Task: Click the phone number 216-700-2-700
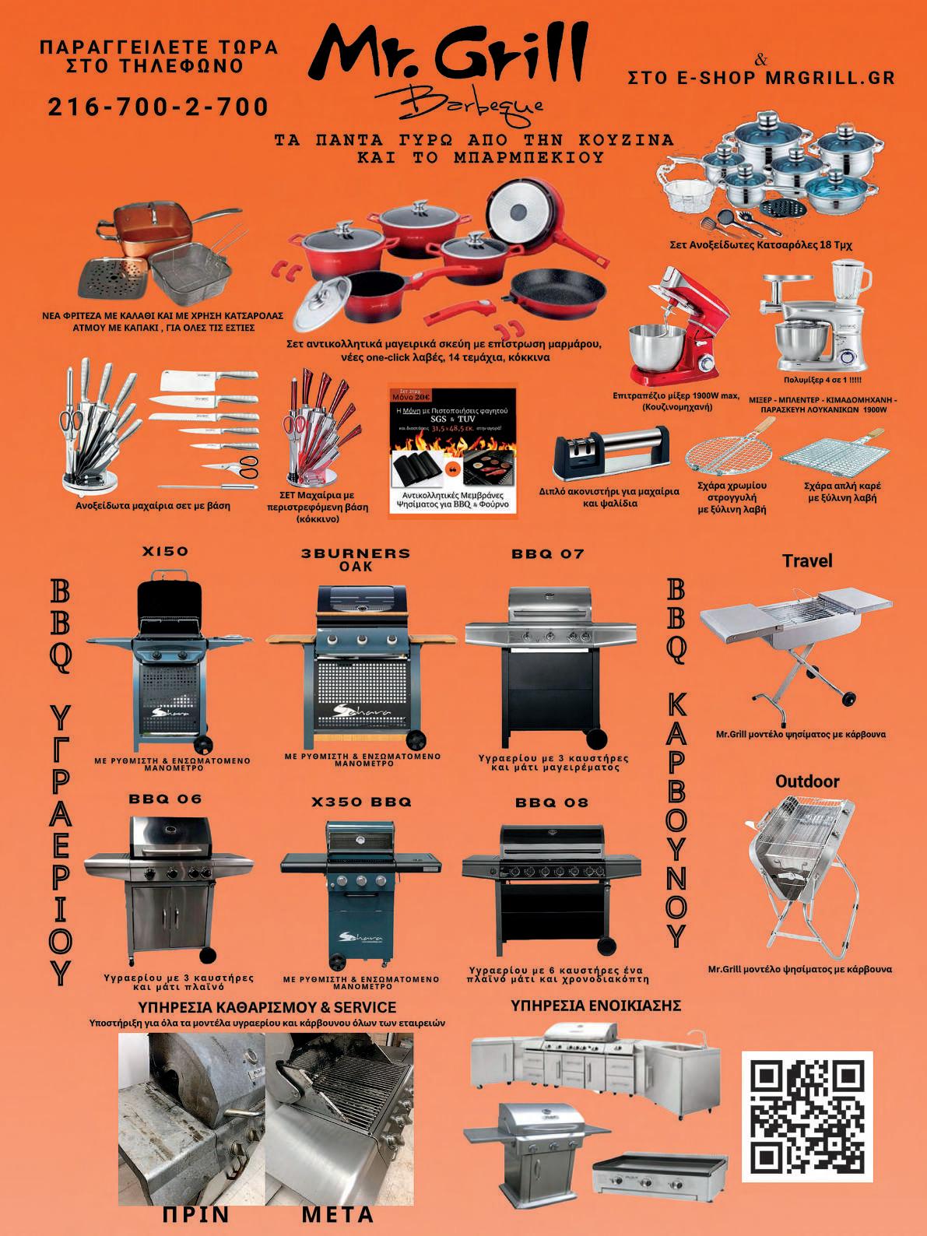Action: tap(159, 106)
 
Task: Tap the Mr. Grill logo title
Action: tap(456, 53)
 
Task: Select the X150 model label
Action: tap(165, 551)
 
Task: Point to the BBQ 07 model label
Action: tap(547, 554)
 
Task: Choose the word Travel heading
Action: tap(806, 560)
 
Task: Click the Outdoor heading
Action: tap(807, 781)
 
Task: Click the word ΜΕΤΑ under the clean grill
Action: tap(337, 1213)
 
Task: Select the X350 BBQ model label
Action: tap(361, 802)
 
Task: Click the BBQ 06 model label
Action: tap(165, 799)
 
